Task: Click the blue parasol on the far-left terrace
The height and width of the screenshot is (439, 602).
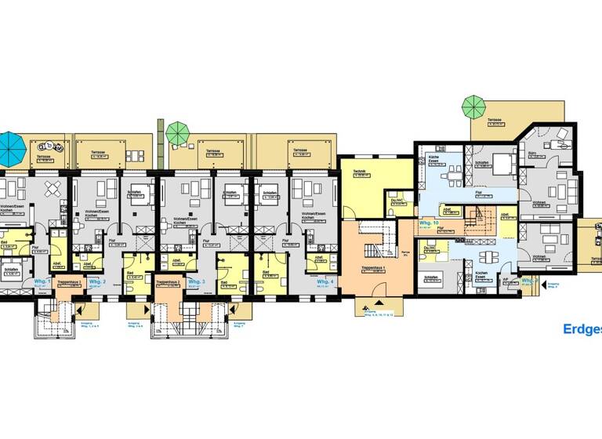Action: point(9,144)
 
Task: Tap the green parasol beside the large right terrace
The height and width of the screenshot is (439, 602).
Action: point(473,104)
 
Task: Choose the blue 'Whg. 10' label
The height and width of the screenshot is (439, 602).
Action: point(429,223)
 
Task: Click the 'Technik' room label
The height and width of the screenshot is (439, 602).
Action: point(361,172)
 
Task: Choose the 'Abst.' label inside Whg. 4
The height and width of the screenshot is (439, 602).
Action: point(319,256)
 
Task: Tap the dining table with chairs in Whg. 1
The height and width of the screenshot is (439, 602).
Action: point(52,189)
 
